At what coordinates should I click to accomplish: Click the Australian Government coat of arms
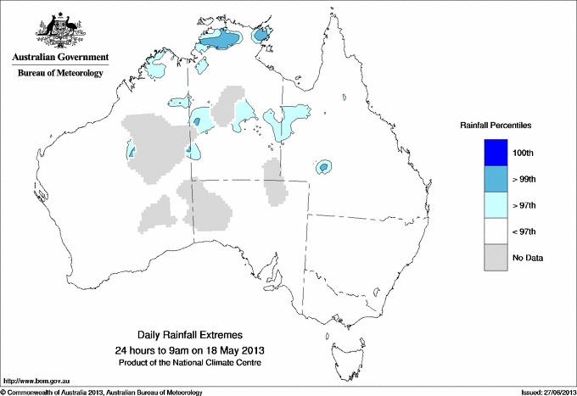coord(59,30)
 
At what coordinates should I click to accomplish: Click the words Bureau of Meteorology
coord(59,74)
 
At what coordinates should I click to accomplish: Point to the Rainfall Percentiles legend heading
coord(496,125)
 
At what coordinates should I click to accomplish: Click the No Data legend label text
coord(528,258)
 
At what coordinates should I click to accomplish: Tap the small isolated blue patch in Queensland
coord(323,167)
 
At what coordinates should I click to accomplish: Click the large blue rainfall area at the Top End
coord(222,40)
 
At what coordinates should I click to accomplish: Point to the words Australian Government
coord(59,58)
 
